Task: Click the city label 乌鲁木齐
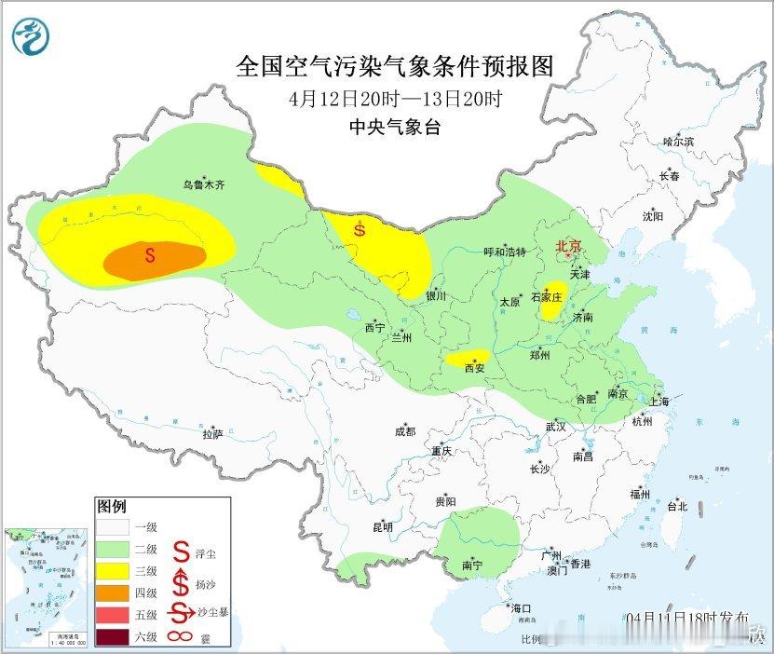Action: (203, 185)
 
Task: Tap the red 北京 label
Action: (568, 246)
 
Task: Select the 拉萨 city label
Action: (213, 433)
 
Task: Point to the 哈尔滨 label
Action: (678, 142)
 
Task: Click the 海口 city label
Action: (522, 608)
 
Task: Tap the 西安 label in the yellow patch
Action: (475, 367)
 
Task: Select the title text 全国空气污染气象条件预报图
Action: (395, 67)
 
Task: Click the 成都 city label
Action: (404, 431)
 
